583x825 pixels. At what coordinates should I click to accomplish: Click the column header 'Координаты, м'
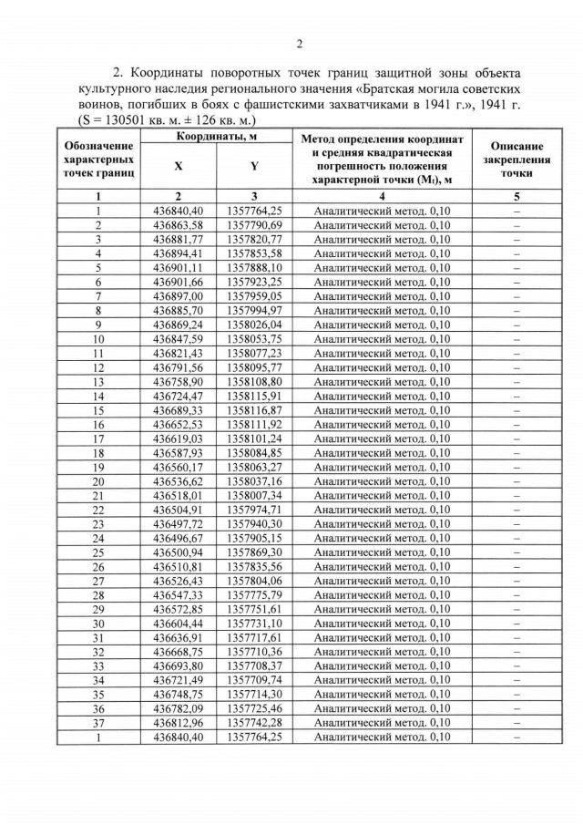click(x=216, y=136)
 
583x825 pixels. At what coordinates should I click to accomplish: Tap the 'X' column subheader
click(x=178, y=167)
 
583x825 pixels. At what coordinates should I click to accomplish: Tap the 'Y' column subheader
click(x=254, y=167)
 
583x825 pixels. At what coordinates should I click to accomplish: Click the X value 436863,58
click(x=178, y=224)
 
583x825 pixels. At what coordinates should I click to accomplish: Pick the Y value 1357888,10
click(x=254, y=267)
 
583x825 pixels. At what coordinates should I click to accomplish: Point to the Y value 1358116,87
click(x=254, y=409)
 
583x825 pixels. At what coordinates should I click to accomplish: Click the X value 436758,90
click(x=178, y=381)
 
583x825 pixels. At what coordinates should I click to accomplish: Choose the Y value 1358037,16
click(x=254, y=480)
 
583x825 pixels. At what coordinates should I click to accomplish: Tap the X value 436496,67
click(x=178, y=538)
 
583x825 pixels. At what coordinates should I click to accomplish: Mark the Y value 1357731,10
click(x=254, y=623)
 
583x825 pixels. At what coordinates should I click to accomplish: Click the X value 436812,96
click(x=178, y=723)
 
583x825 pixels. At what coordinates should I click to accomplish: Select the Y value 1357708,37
click(x=254, y=665)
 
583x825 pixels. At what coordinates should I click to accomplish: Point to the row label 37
click(x=97, y=723)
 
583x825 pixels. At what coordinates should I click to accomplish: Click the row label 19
click(x=97, y=467)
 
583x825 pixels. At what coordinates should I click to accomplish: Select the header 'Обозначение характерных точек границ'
click(x=97, y=159)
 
